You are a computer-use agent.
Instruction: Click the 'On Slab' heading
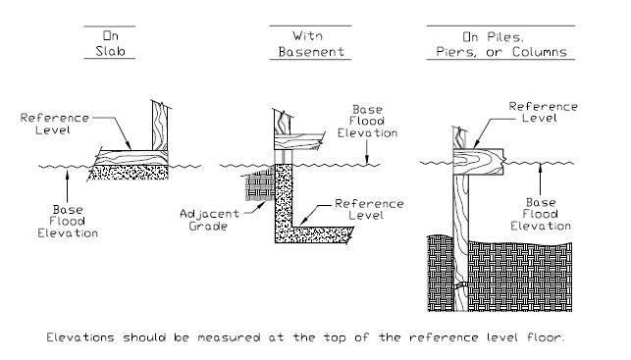[x=110, y=43]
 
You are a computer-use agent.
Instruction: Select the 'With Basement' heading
[x=311, y=44]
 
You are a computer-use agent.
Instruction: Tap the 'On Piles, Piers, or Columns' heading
[x=501, y=44]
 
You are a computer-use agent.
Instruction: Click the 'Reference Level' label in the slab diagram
[x=54, y=124]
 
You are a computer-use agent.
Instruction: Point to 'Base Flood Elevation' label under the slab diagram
[x=68, y=222]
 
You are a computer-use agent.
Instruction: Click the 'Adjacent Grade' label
[x=209, y=220]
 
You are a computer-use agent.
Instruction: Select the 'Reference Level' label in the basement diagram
[x=369, y=209]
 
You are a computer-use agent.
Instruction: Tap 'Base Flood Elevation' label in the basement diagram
[x=367, y=121]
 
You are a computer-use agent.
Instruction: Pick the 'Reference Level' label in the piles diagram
[x=543, y=112]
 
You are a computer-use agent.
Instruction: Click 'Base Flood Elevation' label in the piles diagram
[x=541, y=214]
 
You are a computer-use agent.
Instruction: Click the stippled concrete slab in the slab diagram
[x=129, y=173]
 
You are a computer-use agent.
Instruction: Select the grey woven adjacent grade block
[x=260, y=184]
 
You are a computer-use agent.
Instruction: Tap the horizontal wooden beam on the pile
[x=479, y=162]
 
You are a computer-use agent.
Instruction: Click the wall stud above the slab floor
[x=160, y=126]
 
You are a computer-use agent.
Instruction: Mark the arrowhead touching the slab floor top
[x=128, y=145]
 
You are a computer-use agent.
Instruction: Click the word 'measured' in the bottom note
[x=229, y=337]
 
